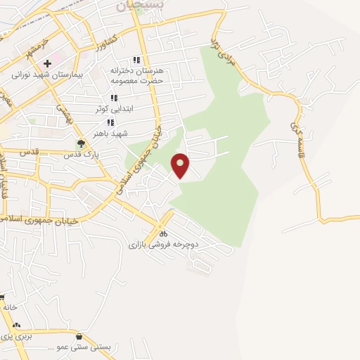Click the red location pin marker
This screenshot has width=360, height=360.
(x=181, y=165)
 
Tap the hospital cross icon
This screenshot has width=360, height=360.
(x=47, y=64)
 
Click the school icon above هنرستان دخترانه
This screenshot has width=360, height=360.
(x=136, y=61)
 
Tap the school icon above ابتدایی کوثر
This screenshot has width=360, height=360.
(x=112, y=98)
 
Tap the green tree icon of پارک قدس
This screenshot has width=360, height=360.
(x=82, y=144)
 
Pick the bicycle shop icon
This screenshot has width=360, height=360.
(x=163, y=233)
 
